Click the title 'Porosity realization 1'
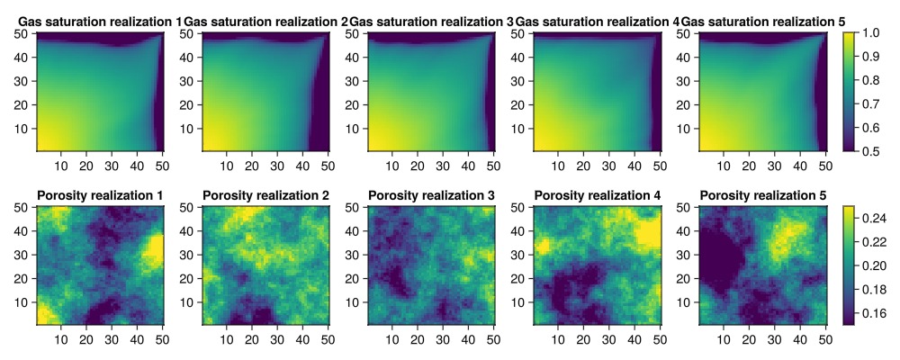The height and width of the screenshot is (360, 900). [100, 195]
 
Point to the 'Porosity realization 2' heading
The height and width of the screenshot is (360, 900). [265, 195]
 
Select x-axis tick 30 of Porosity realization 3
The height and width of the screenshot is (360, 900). [444, 338]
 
